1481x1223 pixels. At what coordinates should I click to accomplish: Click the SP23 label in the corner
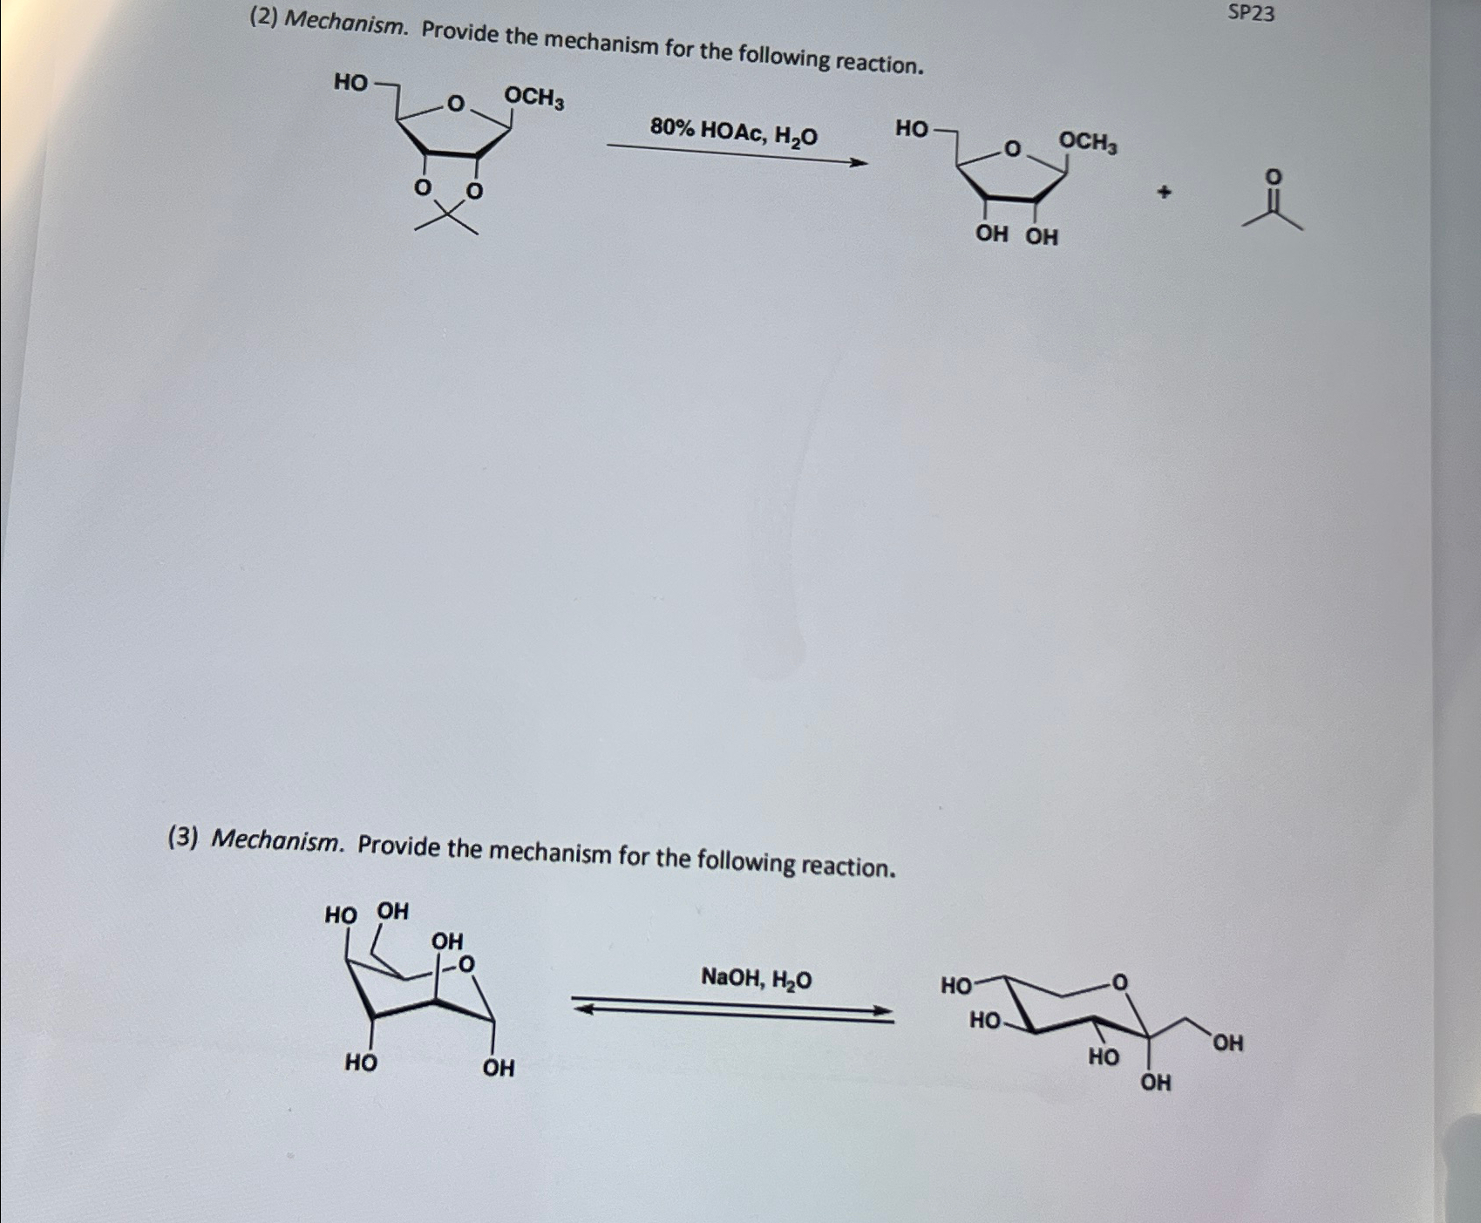point(1250,13)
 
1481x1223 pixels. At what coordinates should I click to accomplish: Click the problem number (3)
point(183,837)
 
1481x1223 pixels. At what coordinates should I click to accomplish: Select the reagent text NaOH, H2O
point(756,978)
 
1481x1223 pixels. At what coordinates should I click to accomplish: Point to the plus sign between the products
point(1164,193)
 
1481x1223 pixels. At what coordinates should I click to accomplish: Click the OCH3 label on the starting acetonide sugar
point(534,98)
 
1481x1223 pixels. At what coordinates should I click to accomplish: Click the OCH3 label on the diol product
point(1087,141)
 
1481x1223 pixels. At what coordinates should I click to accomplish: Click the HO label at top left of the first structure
point(351,83)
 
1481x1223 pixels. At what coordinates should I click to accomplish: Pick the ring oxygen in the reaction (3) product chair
point(1119,983)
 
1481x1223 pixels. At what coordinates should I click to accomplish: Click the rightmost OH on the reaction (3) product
point(1227,1043)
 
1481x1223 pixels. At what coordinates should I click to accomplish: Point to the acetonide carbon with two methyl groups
point(446,214)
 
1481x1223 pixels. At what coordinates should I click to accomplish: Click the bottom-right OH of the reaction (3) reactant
point(499,1068)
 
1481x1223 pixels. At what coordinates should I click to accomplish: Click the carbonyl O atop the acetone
point(1274,178)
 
